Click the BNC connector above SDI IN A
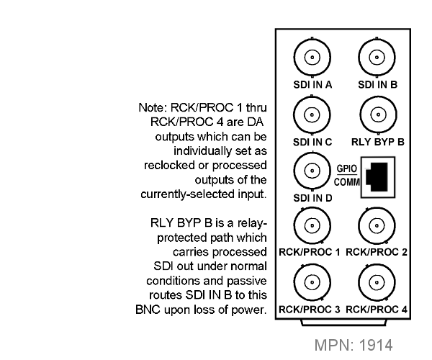click(312, 58)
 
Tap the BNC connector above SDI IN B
click(377, 58)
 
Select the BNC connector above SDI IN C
click(312, 114)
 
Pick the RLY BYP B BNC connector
click(378, 114)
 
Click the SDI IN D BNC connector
click(312, 171)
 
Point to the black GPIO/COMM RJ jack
click(378, 177)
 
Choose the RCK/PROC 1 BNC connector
click(312, 225)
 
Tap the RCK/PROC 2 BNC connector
click(377, 225)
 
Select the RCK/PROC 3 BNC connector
click(312, 282)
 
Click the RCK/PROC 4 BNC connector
click(377, 282)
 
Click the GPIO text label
click(347, 168)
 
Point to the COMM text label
click(347, 182)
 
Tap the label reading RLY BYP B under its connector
click(378, 142)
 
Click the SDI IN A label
click(312, 84)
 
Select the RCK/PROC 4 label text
click(377, 310)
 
